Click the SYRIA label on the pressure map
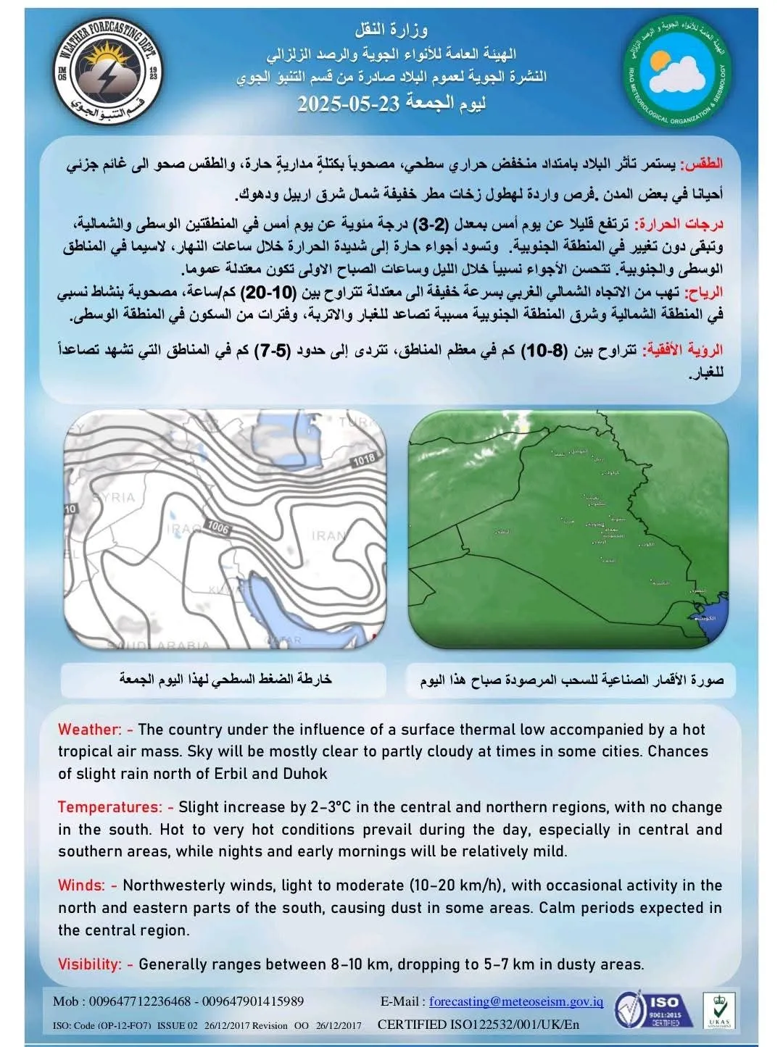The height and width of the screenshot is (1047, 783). click(x=115, y=497)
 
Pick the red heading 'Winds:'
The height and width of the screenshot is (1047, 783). click(x=82, y=885)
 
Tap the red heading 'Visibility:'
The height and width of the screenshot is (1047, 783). click(x=90, y=964)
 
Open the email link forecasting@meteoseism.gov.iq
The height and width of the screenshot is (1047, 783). click(x=516, y=1001)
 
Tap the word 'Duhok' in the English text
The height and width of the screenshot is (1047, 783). click(x=307, y=774)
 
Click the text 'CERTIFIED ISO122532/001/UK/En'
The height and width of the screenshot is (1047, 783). click(x=478, y=1025)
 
